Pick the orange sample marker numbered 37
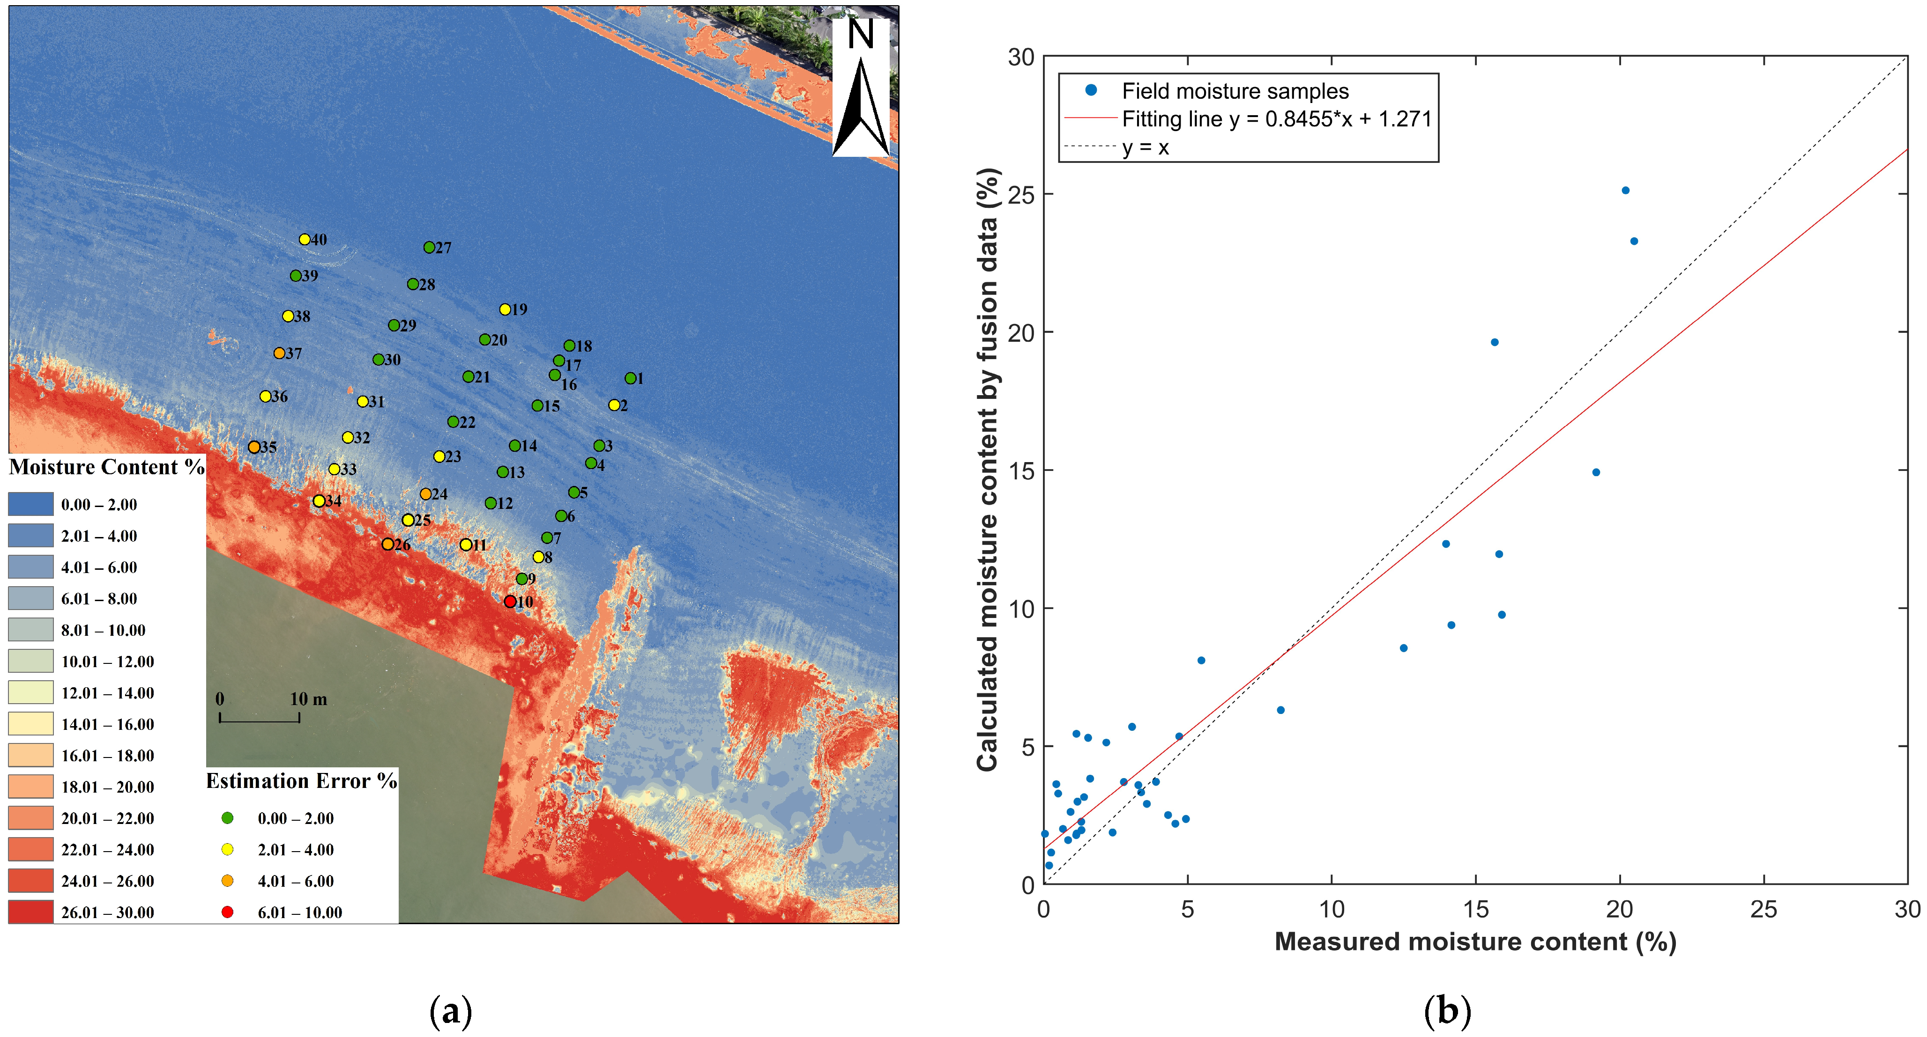click(x=279, y=353)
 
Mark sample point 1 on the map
click(x=631, y=378)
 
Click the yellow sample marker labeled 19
click(x=505, y=309)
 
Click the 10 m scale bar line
click(x=260, y=721)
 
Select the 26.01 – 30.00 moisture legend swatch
click(x=30, y=912)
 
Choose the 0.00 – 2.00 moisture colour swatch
click(x=30, y=504)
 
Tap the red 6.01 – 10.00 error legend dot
click(x=227, y=912)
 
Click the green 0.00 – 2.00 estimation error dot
click(x=227, y=818)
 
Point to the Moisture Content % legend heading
click(x=106, y=467)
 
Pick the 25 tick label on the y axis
click(x=1021, y=194)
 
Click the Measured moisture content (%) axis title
click(x=1475, y=942)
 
